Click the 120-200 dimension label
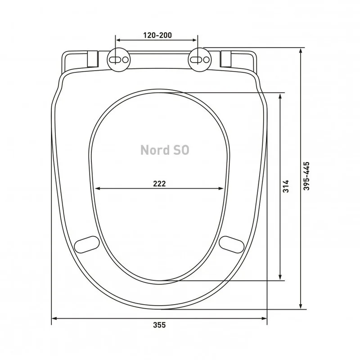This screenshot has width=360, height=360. point(157,35)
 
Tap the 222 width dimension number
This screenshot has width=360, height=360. point(159,184)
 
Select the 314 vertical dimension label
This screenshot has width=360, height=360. point(286,186)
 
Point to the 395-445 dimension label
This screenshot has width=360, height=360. point(306,176)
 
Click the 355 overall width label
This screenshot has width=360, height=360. point(159,325)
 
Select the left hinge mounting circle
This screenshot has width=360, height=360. point(119,59)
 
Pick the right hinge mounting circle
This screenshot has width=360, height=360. point(200,59)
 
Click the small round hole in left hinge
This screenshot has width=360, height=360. point(126,60)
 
